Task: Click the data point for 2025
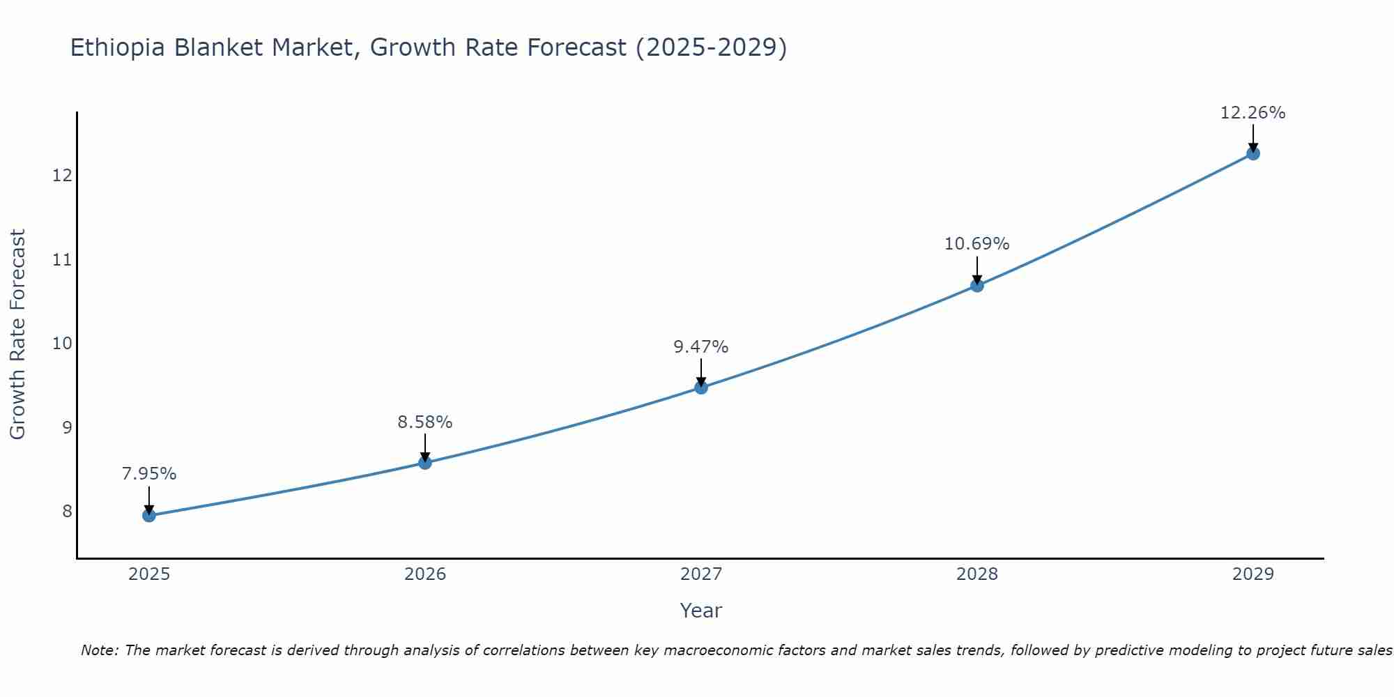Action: [149, 516]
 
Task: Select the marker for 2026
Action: [425, 463]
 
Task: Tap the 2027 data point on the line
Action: [701, 388]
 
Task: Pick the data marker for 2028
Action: [977, 285]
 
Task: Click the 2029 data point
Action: [1253, 153]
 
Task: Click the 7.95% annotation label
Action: [149, 474]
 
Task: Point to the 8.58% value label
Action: [425, 422]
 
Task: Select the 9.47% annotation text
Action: [701, 347]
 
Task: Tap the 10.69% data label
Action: [977, 244]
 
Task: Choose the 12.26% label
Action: [1253, 113]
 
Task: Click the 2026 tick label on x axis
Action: [425, 574]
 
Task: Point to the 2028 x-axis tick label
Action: [977, 574]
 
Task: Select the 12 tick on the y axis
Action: [62, 175]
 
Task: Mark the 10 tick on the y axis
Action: [62, 344]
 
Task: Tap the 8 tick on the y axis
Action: [67, 512]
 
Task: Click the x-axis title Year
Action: [701, 611]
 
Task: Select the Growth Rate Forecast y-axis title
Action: [17, 335]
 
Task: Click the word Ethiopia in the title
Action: [118, 47]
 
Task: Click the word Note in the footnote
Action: [98, 650]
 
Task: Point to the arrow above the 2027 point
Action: [701, 372]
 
